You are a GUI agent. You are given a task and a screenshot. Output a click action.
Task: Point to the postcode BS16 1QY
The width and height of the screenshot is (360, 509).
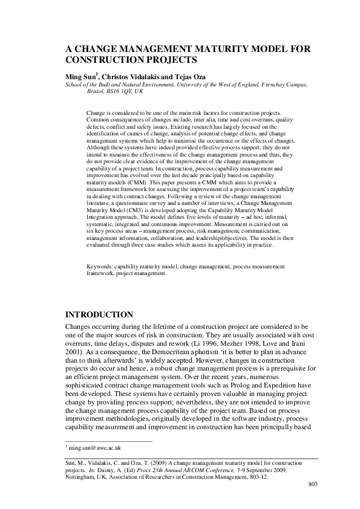pyautogui.click(x=123, y=91)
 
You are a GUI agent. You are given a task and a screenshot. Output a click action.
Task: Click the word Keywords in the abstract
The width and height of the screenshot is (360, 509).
pyautogui.click(x=99, y=265)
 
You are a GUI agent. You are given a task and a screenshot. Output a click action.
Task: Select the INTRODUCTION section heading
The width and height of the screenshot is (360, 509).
pyautogui.click(x=99, y=315)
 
